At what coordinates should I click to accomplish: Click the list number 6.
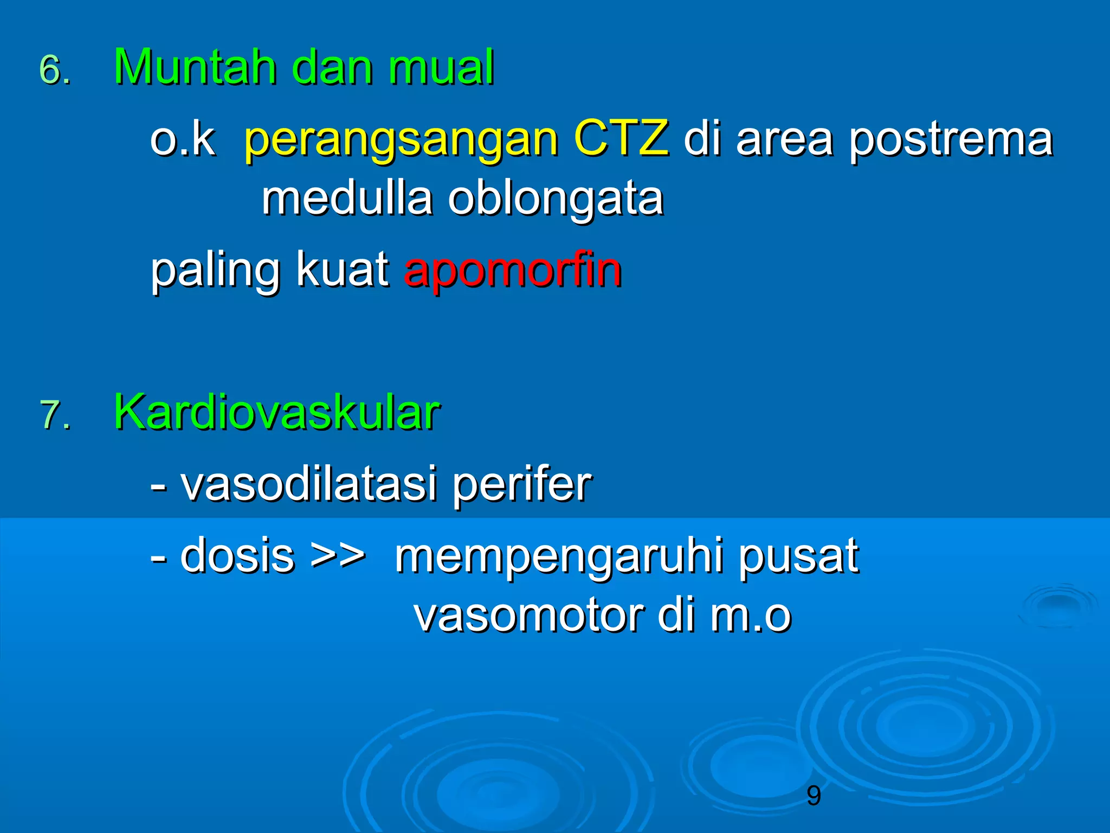[54, 71]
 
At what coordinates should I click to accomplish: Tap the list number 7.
[54, 415]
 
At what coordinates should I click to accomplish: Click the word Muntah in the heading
[195, 67]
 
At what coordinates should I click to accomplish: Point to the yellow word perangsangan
[401, 140]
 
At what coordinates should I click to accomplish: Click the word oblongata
[556, 200]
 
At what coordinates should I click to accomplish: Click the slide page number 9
[814, 796]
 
